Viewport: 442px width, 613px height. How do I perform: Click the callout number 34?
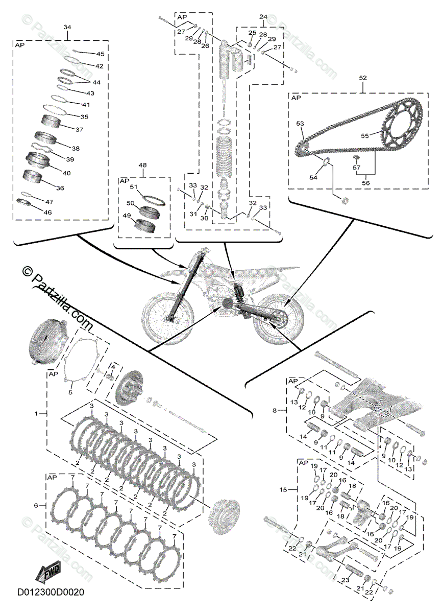coord(67,27)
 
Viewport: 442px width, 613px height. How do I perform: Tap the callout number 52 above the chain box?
coord(363,78)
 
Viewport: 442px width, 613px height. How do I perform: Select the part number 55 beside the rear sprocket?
coord(364,136)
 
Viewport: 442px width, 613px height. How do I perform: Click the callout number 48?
coord(142,165)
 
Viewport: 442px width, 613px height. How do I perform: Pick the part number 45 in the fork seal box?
coord(100,54)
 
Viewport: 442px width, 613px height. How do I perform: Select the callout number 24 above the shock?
coord(263,17)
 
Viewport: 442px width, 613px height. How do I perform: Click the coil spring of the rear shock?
coord(225,154)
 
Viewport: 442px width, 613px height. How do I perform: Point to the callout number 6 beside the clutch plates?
coord(36,505)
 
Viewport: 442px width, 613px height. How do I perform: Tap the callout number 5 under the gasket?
coord(71,393)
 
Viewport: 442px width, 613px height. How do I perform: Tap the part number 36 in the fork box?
coord(60,188)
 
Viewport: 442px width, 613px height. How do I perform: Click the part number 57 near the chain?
coord(356,167)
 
